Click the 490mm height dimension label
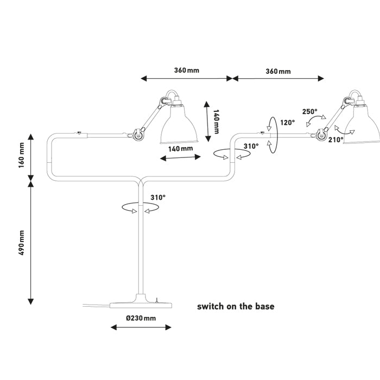click(x=22, y=243)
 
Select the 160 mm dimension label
click(x=22, y=155)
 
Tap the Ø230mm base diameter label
click(x=141, y=318)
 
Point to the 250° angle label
click(x=309, y=112)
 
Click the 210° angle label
click(x=336, y=140)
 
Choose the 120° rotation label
click(x=287, y=123)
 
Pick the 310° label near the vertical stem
click(x=158, y=198)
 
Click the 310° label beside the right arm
click(x=251, y=146)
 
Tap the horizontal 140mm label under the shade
click(x=181, y=149)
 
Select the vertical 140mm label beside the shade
click(x=216, y=122)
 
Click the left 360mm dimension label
click(x=187, y=70)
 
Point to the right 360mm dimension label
click(x=278, y=71)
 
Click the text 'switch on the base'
click(x=236, y=306)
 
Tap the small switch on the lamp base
click(x=157, y=300)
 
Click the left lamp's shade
click(x=179, y=124)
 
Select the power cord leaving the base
click(x=97, y=305)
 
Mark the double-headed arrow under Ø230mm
click(x=141, y=327)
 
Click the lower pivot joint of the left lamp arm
click(x=137, y=134)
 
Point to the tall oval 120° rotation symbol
click(x=273, y=135)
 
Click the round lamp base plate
click(x=141, y=305)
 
